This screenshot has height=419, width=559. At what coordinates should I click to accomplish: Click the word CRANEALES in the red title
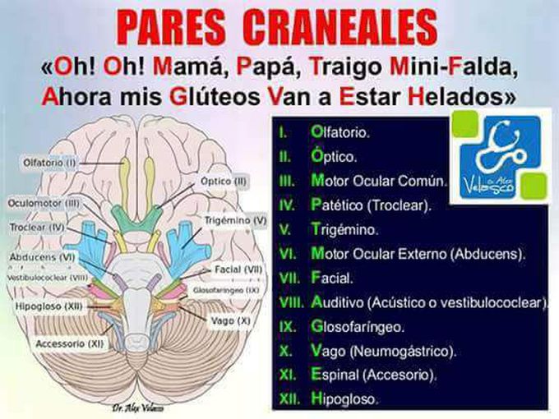click(x=341, y=27)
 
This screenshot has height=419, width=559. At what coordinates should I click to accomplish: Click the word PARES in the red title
click(x=171, y=27)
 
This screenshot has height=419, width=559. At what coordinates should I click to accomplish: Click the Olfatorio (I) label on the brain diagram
click(x=49, y=163)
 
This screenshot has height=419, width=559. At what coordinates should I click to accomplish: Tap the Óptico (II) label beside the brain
click(x=224, y=182)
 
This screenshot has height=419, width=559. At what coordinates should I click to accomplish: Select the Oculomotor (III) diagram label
click(x=44, y=204)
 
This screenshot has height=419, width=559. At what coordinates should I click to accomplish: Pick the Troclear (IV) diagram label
click(x=37, y=227)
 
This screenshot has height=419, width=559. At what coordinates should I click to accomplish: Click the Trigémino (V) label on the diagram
click(x=235, y=220)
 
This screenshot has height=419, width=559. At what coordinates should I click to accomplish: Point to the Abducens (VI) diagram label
click(x=43, y=257)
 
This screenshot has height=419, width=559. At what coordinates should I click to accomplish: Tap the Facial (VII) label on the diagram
click(x=238, y=269)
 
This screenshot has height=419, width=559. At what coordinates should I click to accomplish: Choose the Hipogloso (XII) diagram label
click(x=49, y=306)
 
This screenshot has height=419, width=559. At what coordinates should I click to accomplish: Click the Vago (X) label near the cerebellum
click(x=231, y=320)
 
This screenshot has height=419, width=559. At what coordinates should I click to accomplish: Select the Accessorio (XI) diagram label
click(x=70, y=343)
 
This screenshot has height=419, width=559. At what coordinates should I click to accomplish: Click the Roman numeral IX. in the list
click(x=288, y=327)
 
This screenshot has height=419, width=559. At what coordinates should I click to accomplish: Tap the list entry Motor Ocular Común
click(x=379, y=181)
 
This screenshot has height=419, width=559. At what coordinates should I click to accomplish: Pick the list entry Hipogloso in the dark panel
click(x=344, y=398)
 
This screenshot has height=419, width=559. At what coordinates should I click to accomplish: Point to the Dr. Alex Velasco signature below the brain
click(x=138, y=408)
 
